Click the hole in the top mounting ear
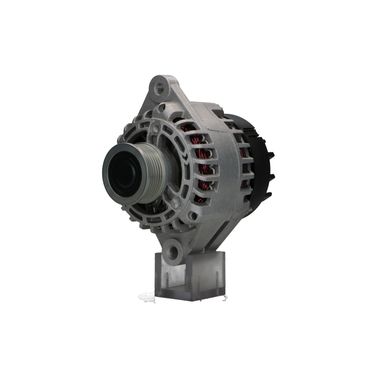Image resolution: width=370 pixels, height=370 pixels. pyautogui.click(x=163, y=86)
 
